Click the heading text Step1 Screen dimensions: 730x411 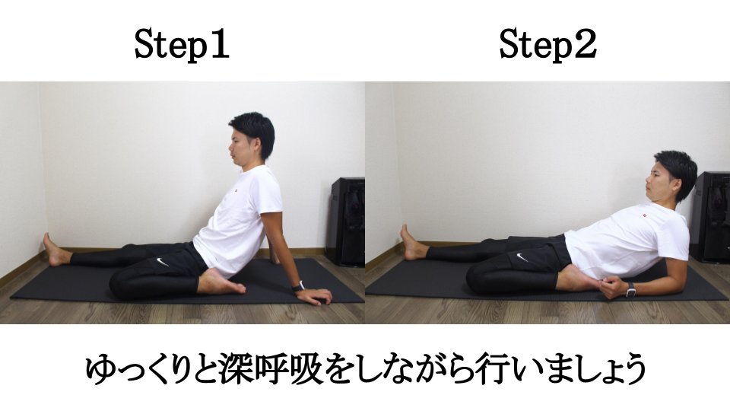point(182,45)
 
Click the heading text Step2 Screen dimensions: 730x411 point(548,45)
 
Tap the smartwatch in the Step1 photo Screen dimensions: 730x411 point(298,286)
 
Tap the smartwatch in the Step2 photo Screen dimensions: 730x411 point(631,289)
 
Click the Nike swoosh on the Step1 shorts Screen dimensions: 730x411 point(162,262)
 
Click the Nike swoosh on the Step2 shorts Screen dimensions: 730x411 point(522,257)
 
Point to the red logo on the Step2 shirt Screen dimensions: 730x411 point(643,215)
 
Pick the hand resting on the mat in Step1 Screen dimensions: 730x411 point(313,296)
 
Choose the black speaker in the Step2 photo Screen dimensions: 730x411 point(709,217)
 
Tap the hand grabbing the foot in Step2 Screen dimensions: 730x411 point(611,286)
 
